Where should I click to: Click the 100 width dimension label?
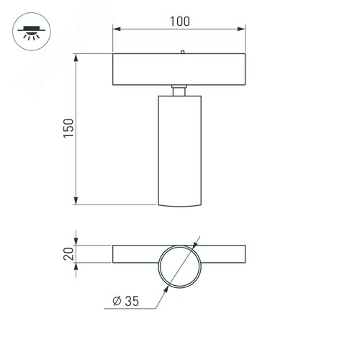point(180,22)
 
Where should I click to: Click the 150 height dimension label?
point(68,128)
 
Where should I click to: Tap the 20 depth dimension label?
point(68,253)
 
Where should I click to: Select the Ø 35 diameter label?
point(126,301)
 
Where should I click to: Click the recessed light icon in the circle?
point(32,32)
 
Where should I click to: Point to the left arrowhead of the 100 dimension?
point(117,29)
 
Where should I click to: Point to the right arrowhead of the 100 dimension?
point(241,29)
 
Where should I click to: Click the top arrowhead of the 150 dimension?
point(76,58)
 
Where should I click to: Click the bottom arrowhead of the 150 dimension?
point(76,201)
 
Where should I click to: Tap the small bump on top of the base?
point(182,52)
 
